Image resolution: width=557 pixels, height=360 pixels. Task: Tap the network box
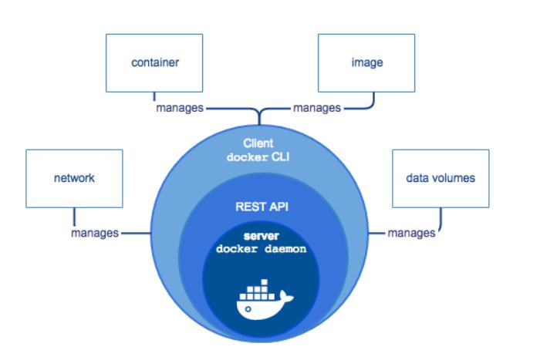[x=73, y=179]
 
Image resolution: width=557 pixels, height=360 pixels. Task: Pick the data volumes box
[x=441, y=179]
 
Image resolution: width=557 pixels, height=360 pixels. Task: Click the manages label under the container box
[x=180, y=108]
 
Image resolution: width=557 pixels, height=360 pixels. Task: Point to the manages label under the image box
[x=317, y=108]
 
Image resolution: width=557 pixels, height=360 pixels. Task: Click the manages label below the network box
[x=95, y=232]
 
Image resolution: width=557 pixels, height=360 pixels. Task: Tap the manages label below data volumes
[x=411, y=232]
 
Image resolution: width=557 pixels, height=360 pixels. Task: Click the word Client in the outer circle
[x=258, y=143]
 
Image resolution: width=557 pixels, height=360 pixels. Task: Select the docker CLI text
[x=258, y=157]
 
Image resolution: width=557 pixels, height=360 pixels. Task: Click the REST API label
[x=258, y=207]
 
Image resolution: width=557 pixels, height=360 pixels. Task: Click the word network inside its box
[x=73, y=178]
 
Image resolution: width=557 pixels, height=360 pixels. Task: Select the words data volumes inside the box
[x=441, y=178]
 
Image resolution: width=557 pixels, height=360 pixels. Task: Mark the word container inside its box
[x=154, y=62]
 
